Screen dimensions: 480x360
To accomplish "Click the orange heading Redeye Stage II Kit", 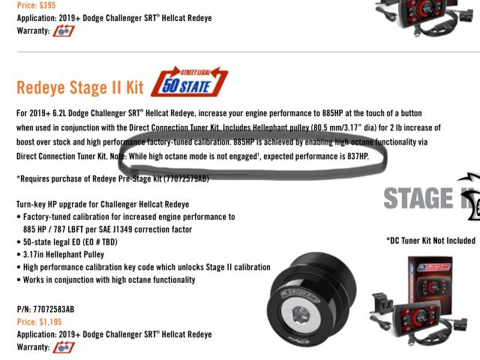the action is (x=80, y=87).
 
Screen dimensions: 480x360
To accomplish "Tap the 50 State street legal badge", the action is (x=190, y=82).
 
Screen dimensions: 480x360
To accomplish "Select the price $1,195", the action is (x=50, y=322).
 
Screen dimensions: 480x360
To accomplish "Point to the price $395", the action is (x=47, y=5).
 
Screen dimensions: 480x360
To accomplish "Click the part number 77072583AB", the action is (x=53, y=309).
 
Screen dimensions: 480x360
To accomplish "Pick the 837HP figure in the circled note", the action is (x=357, y=157).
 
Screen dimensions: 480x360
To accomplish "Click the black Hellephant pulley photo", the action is (x=312, y=298).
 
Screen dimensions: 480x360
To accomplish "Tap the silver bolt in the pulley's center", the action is (x=301, y=315).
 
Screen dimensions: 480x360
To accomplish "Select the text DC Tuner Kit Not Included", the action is (x=433, y=241).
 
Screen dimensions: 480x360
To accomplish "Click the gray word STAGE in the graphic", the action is (x=418, y=198).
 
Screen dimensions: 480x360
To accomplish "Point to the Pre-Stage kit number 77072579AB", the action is (x=187, y=178).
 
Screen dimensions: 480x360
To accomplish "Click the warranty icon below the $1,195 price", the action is (x=64, y=347).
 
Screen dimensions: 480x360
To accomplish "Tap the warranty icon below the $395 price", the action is (x=64, y=31).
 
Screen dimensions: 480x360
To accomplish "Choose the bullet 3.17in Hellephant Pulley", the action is (x=64, y=254).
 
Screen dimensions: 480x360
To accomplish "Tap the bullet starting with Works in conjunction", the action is (x=109, y=280).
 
